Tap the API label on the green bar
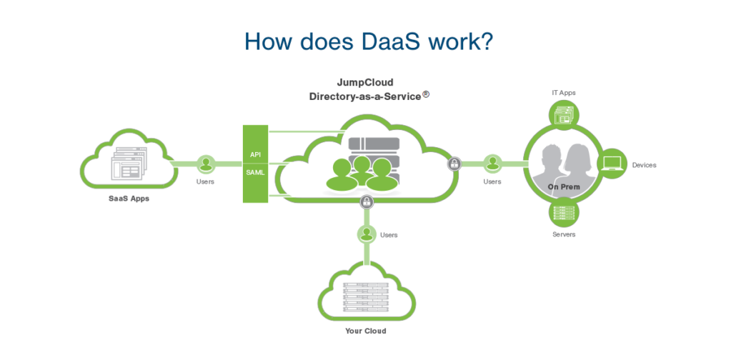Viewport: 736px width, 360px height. pos(255,154)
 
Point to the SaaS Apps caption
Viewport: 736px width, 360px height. pos(129,198)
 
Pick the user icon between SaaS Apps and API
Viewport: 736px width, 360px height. pos(206,164)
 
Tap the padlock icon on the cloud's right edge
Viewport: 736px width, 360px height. pos(453,164)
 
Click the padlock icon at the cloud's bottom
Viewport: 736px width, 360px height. pos(367,202)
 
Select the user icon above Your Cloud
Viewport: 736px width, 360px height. pos(367,234)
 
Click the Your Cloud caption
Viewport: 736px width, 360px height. pos(366,331)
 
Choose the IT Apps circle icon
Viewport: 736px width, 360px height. pos(563,114)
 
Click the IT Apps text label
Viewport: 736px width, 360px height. pos(563,93)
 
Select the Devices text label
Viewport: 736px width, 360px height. pos(644,165)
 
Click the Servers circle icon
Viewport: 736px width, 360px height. pos(563,213)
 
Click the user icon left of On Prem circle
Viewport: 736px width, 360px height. pos(492,164)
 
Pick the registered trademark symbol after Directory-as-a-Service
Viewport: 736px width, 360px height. pos(425,94)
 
